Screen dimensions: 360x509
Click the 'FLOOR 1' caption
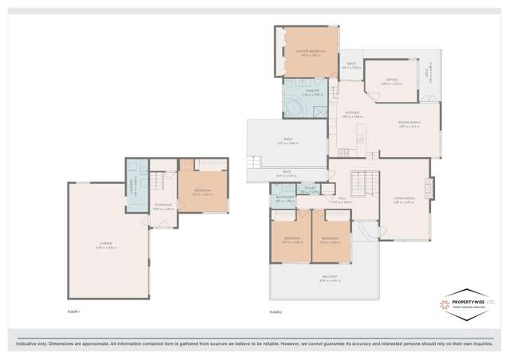click(74, 311)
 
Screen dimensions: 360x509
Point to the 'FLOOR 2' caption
click(276, 311)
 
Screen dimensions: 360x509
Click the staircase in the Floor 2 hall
click(362, 185)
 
